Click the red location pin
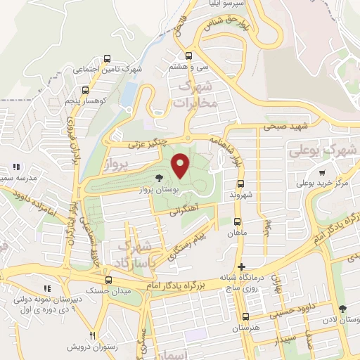(x=181, y=165)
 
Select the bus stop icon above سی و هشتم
(x=188, y=56)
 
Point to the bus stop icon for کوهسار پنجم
(x=85, y=90)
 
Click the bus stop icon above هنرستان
(x=245, y=317)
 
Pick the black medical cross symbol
(x=242, y=267)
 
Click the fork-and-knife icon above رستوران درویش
(x=91, y=335)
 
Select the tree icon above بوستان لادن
(x=342, y=309)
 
